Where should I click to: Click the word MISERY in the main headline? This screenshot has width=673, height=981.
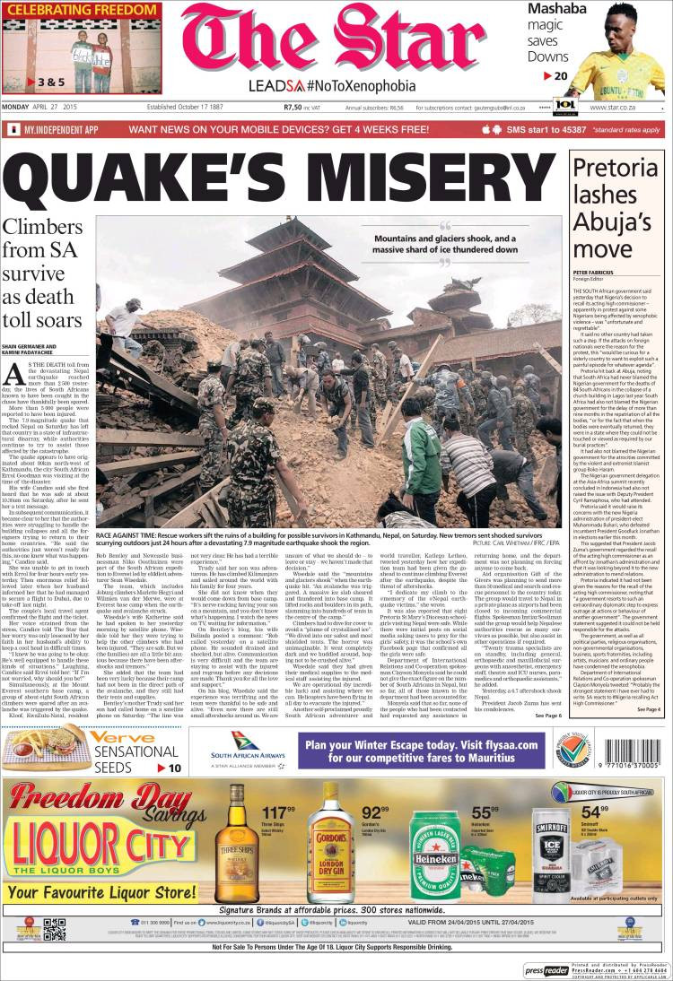coord(433,176)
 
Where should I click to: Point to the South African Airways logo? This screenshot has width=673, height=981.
coord(236,750)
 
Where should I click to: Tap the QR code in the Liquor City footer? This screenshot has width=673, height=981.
coord(55,930)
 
